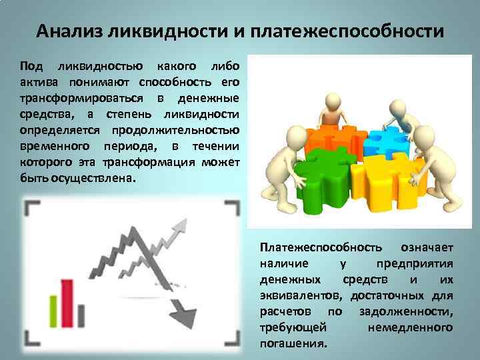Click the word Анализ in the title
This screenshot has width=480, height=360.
[67, 31]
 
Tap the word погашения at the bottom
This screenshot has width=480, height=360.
[293, 344]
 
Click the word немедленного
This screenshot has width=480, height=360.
[410, 328]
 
